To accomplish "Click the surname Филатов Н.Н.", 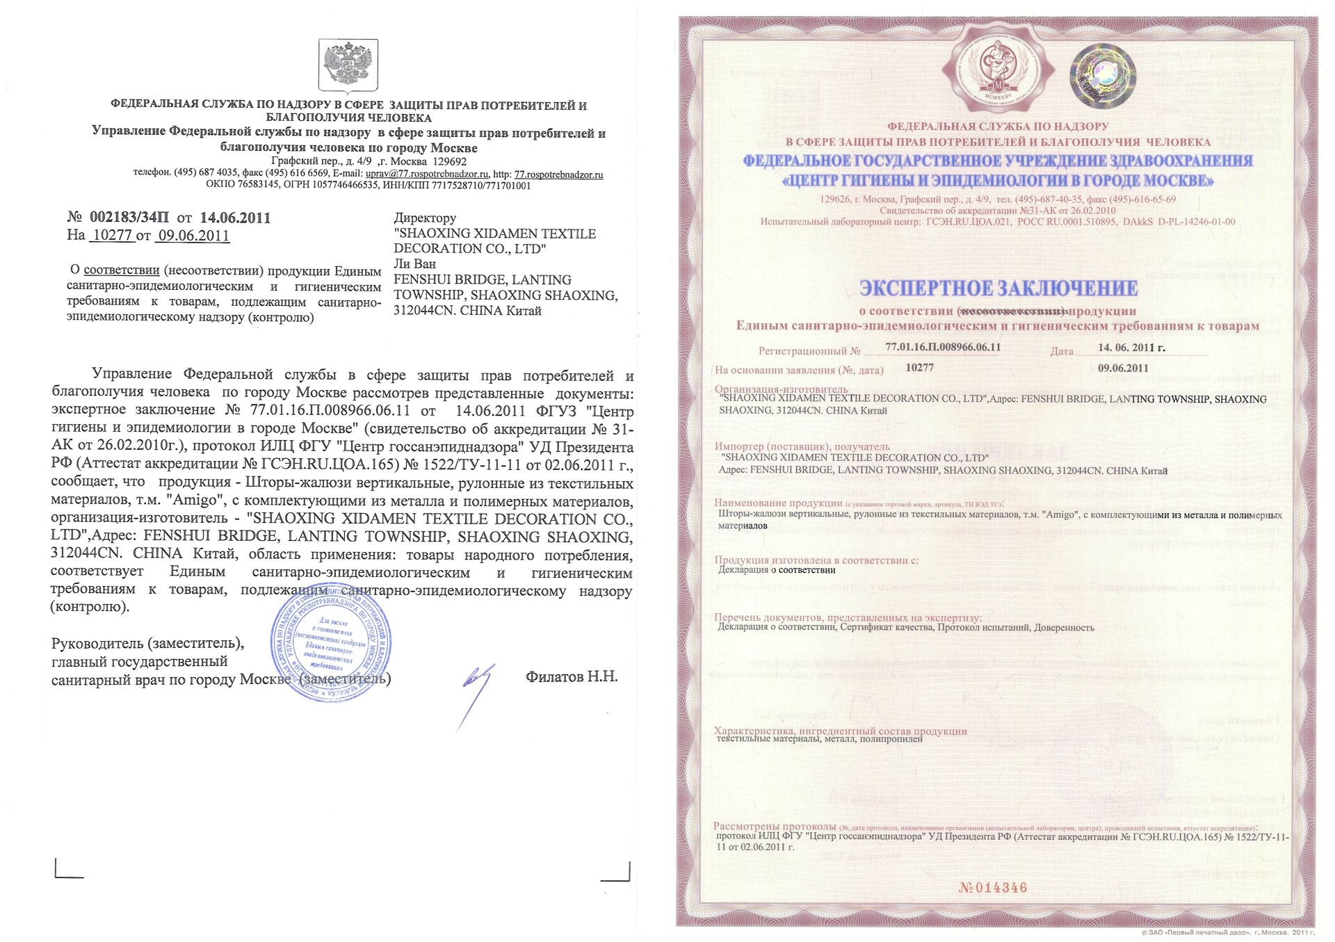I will coord(572,676).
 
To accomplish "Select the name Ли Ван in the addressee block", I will coord(415,264).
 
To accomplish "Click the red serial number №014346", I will coord(992,888).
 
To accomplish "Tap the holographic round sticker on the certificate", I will coord(1102,73).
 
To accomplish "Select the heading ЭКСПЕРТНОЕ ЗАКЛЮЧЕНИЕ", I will coord(998,289).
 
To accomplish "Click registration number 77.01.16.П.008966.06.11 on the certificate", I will coord(943,347).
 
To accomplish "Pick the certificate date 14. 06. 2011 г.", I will coord(1131,348).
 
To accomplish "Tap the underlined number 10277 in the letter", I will coord(112,235).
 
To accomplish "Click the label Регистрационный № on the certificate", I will coord(809,352).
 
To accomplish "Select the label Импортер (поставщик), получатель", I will coord(802,446).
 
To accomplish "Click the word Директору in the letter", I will coord(425,218).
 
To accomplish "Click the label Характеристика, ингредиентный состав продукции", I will coord(840,731).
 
